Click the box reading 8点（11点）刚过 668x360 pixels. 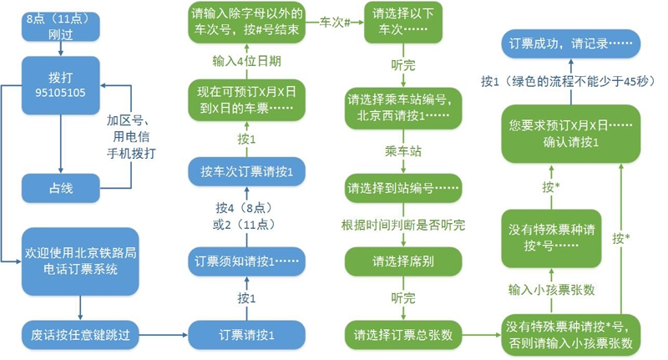click(58, 28)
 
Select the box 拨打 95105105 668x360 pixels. click(58, 82)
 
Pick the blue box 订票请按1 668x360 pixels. click(246, 334)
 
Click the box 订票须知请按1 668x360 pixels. click(246, 259)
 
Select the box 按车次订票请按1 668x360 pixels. click(246, 170)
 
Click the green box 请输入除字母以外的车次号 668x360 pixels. click(246, 28)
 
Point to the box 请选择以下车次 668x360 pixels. click(404, 28)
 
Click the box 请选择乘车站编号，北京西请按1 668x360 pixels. click(404, 107)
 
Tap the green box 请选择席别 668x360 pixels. click(404, 261)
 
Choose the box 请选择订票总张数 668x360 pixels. click(404, 335)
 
